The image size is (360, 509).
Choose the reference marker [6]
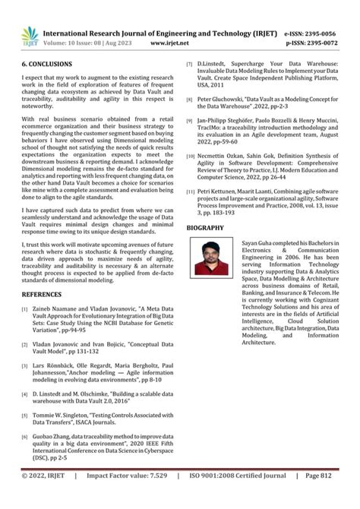pos(25,439)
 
